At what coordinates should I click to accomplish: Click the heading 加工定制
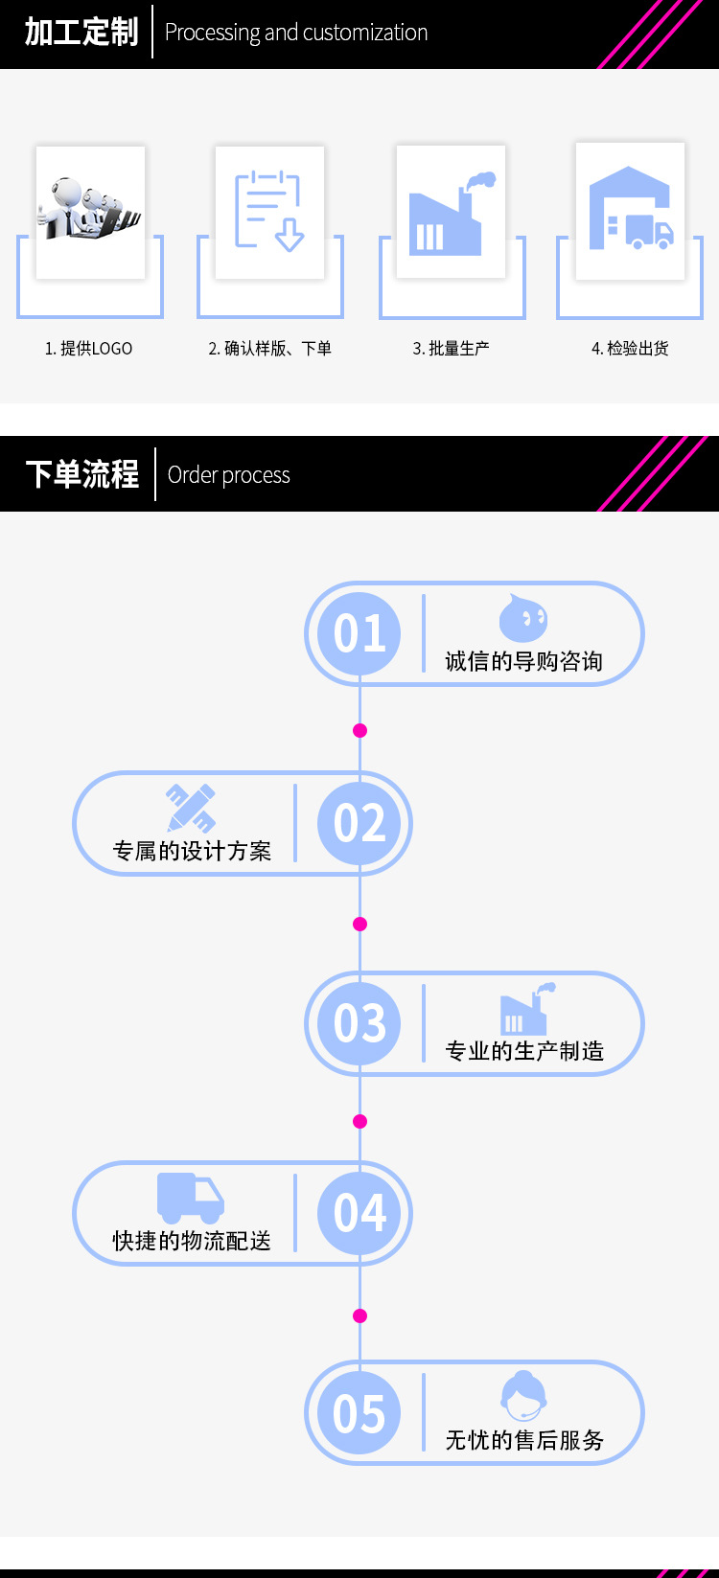(81, 33)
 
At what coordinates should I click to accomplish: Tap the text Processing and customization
(296, 33)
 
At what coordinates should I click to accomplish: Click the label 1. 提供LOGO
(89, 349)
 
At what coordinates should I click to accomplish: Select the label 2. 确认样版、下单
(269, 349)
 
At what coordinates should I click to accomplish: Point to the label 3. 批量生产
(451, 349)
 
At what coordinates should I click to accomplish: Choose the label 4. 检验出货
(630, 349)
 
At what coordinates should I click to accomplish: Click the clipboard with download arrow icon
(269, 212)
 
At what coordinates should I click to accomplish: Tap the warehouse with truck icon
(630, 210)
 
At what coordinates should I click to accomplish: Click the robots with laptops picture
(90, 210)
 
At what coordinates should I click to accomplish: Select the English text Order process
(228, 475)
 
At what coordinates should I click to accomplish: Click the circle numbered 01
(359, 633)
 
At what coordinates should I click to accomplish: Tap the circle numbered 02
(359, 823)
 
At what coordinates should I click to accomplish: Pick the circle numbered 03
(359, 1023)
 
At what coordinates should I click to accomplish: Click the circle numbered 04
(359, 1213)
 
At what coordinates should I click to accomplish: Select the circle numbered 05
(359, 1413)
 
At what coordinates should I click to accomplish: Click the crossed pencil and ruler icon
(191, 808)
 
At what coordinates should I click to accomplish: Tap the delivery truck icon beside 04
(191, 1198)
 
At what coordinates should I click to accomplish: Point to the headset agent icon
(523, 1397)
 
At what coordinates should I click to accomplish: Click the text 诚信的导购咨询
(523, 661)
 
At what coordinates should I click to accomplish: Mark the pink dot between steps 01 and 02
(360, 730)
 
